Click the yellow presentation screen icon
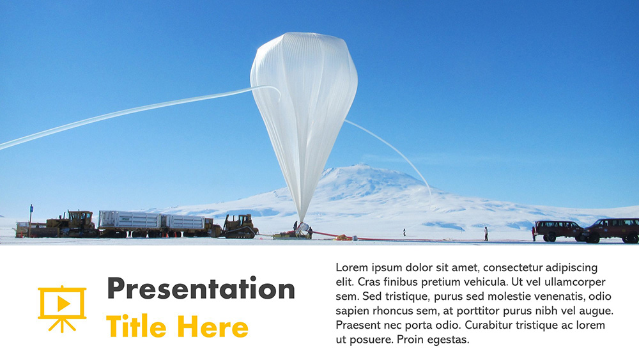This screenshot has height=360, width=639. [x=62, y=309]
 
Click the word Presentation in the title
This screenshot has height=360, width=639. [x=201, y=289]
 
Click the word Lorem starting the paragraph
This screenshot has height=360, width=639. [x=352, y=267]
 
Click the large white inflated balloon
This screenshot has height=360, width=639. [x=304, y=109]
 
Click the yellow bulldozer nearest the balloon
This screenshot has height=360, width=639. [x=240, y=226]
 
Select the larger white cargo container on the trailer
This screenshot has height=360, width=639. [x=129, y=221]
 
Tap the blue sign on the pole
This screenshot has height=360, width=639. [x=31, y=208]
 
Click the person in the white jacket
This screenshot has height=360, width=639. [x=486, y=233]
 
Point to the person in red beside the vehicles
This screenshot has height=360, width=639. [x=533, y=233]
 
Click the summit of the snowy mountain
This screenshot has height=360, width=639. [x=358, y=167]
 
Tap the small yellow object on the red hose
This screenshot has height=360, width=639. [x=344, y=238]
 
